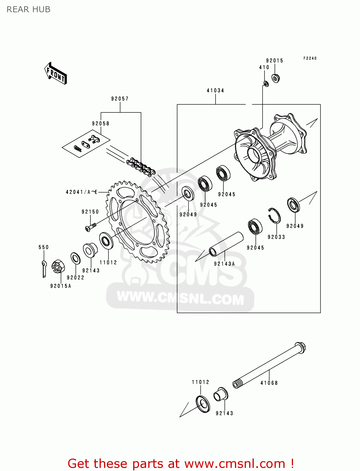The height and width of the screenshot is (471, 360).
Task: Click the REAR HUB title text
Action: coord(28,9)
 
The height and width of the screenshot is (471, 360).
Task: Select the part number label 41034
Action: coord(215,90)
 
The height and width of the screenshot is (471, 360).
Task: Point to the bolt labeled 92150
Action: coord(90,227)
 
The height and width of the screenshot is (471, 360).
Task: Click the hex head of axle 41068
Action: coord(300,347)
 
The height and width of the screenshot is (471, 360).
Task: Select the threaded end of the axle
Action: coord(237,384)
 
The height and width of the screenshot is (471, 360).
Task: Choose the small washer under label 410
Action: coord(266,84)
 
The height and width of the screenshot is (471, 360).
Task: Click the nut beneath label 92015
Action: coord(275,78)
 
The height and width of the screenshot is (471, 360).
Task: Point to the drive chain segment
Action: coord(141,167)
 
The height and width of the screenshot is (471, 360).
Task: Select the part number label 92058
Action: coord(101,123)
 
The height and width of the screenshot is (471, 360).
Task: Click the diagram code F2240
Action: coord(310,58)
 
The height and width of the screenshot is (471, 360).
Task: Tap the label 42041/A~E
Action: coord(82,192)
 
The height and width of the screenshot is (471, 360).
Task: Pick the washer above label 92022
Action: coord(75,258)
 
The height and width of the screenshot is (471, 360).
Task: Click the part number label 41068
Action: coord(269,383)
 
